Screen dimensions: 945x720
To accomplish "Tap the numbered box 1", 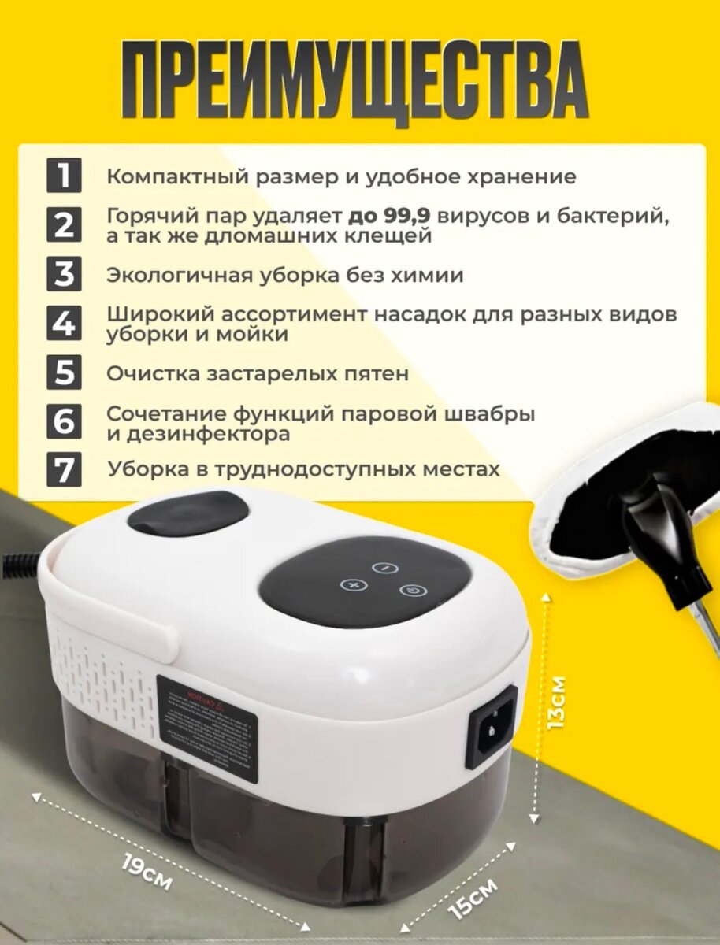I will [65, 176].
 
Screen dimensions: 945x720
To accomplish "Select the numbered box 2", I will [65, 224].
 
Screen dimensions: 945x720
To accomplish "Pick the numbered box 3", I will [65, 275].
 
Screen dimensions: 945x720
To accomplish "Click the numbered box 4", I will [65, 324].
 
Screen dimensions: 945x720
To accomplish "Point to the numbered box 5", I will [65, 372].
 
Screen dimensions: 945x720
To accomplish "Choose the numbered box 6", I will [65, 422].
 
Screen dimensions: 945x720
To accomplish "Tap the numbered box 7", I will [65, 469].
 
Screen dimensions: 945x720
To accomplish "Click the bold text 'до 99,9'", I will [388, 216].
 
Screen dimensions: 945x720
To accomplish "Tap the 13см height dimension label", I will [556, 701].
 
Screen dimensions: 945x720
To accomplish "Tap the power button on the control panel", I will [410, 590].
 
